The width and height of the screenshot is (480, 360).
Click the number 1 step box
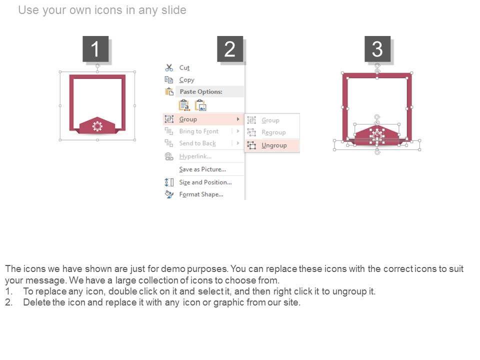click(95, 49)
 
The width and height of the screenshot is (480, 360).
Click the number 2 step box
click(230, 49)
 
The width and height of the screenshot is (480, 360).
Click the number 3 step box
click(377, 49)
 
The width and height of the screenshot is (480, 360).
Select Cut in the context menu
click(184, 67)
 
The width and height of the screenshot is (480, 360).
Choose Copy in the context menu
click(186, 80)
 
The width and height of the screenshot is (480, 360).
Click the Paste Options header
click(201, 91)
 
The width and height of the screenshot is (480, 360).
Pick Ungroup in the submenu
click(274, 145)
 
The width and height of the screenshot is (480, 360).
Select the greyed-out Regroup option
click(273, 132)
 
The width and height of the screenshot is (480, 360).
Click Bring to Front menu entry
click(199, 131)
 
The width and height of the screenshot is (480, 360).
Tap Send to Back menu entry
click(197, 143)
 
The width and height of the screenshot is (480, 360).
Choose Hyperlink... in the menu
click(195, 156)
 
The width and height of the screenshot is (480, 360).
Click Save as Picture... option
click(202, 169)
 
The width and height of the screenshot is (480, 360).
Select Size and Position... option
click(205, 182)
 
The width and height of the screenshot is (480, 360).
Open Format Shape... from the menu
click(201, 194)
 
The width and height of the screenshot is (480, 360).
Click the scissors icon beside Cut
click(169, 67)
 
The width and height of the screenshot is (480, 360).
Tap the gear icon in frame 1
click(97, 126)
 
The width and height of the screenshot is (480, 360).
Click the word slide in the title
click(173, 10)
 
